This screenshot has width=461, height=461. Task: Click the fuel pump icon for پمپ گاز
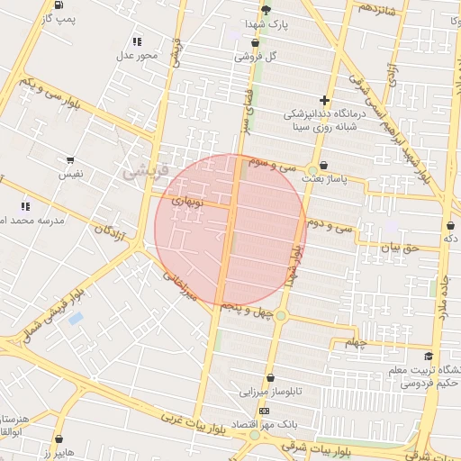click(x=59, y=5)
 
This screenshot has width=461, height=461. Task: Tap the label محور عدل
click(x=136, y=56)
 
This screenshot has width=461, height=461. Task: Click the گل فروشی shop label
click(x=256, y=56)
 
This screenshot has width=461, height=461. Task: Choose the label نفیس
click(x=70, y=172)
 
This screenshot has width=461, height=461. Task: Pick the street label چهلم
click(x=357, y=342)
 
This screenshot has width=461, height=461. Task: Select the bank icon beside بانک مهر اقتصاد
click(x=264, y=411)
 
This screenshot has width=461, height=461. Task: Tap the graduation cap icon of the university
click(x=428, y=357)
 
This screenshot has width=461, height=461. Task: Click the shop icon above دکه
click(x=449, y=224)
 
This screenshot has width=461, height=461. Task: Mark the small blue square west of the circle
click(x=76, y=318)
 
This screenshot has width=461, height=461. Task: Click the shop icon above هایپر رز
click(x=59, y=439)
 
